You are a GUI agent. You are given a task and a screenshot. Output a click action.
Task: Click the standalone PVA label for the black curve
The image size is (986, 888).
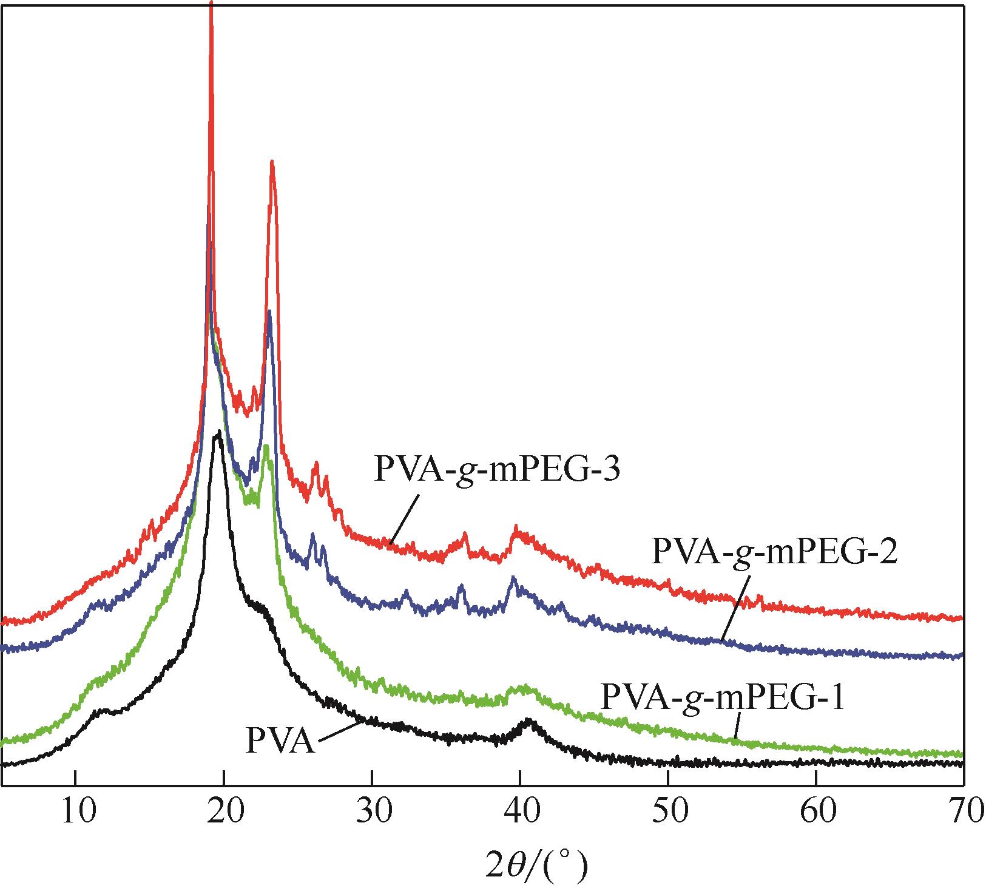point(280,742)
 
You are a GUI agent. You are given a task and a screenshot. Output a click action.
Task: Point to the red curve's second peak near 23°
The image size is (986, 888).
point(272,163)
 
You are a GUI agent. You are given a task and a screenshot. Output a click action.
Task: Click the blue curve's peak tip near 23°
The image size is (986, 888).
point(269,313)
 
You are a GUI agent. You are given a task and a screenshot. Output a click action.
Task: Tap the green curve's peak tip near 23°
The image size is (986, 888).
point(266,447)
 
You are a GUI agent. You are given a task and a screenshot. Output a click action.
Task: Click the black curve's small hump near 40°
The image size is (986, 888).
point(529,721)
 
